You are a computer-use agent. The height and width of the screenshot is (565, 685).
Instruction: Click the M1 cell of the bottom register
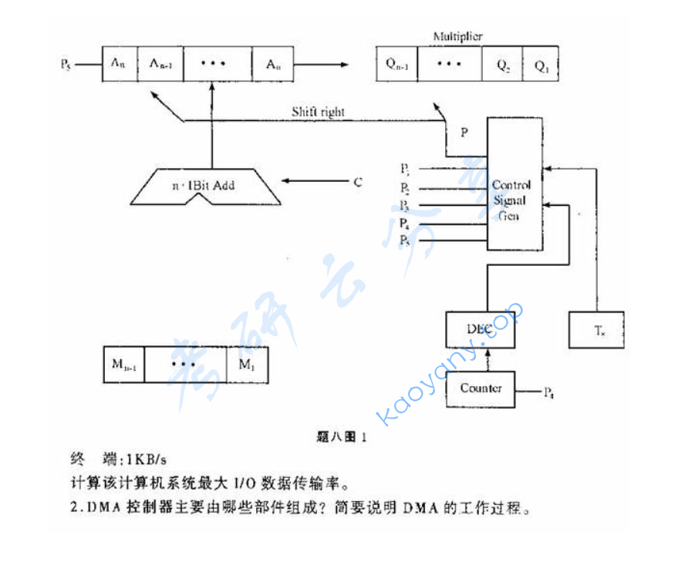click(247, 365)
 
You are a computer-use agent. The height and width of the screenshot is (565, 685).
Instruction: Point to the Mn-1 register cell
click(123, 365)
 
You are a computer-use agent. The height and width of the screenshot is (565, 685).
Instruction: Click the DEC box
click(478, 329)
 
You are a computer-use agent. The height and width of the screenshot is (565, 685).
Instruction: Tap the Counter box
click(480, 388)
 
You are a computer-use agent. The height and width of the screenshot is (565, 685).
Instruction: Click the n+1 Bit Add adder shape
click(203, 187)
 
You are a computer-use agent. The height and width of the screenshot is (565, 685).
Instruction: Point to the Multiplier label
click(457, 37)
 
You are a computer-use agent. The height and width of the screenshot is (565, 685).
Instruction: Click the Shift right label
click(318, 113)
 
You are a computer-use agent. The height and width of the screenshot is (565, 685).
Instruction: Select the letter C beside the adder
click(357, 183)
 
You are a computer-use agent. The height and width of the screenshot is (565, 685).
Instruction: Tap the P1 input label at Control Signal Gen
click(404, 169)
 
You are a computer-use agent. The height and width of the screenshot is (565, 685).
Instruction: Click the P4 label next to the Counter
click(548, 394)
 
